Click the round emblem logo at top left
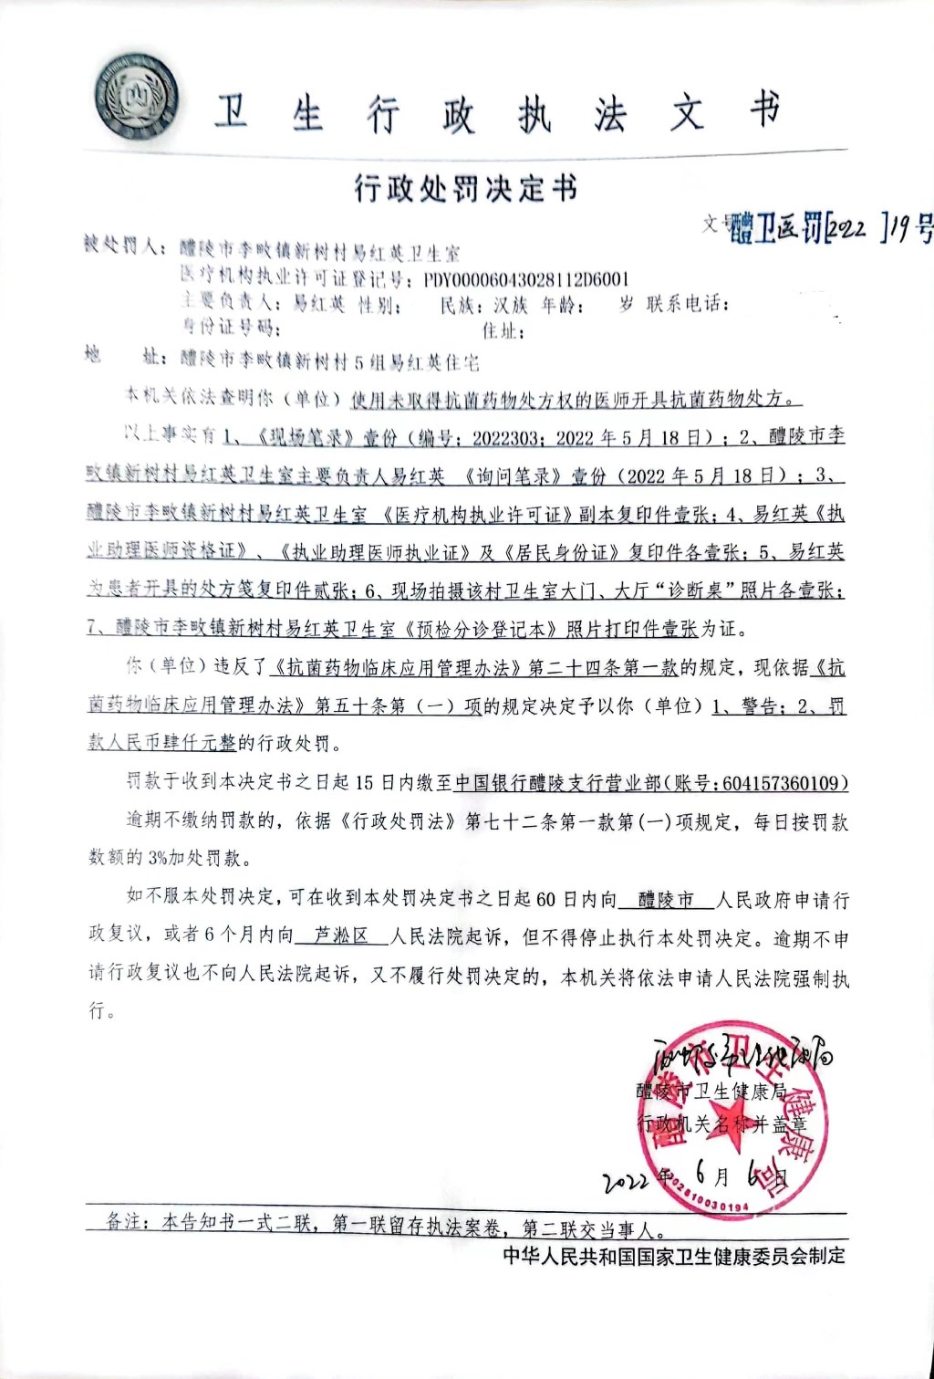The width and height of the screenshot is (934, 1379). point(137,96)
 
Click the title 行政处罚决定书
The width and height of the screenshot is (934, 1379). point(465,188)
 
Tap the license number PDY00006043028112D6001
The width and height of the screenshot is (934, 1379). point(526,278)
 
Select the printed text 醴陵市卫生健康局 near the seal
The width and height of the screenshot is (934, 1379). point(711,1091)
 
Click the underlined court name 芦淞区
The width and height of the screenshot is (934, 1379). point(340,935)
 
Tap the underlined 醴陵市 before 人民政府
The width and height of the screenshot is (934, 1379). point(666,901)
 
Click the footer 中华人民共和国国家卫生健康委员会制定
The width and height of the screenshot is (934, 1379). point(674,1256)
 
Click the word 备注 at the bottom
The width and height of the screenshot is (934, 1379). point(125,1221)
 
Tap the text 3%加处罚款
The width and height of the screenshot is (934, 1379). point(198,858)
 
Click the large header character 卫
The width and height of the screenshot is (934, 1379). point(232,113)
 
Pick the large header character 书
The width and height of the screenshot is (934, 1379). point(764,110)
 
